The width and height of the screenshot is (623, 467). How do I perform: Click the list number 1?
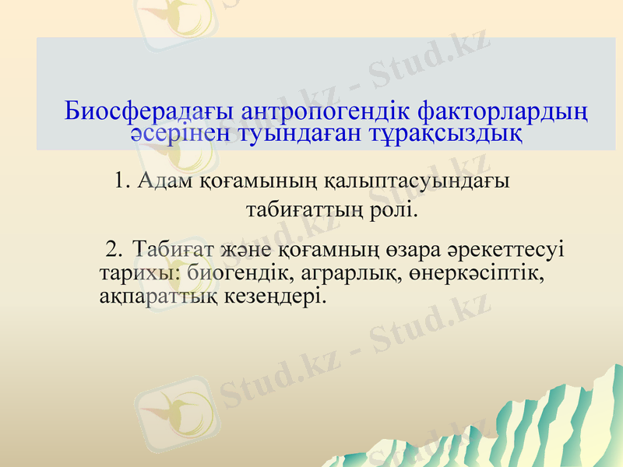(x=121, y=181)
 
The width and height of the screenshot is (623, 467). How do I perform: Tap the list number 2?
(x=114, y=250)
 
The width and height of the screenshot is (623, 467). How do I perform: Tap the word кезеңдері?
(x=266, y=297)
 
